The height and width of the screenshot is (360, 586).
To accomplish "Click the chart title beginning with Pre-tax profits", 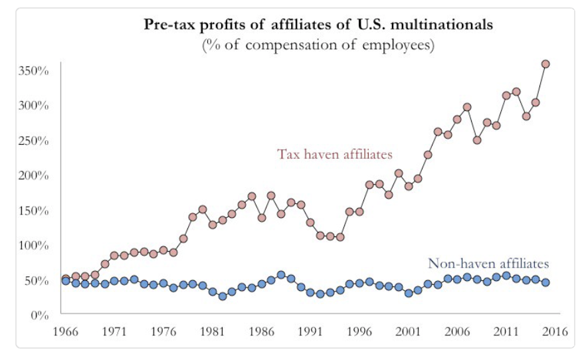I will coord(319,26).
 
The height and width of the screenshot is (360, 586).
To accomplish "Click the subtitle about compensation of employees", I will coord(319,45).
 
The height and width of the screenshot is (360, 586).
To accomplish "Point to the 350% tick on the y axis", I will coord(33,70).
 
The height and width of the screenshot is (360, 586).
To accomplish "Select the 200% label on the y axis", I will coord(33,175).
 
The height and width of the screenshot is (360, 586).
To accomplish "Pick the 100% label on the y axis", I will coord(33,245).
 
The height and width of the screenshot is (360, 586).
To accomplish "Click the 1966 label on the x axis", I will coord(64,331).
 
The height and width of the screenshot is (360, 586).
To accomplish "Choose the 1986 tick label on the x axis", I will coord(260,331).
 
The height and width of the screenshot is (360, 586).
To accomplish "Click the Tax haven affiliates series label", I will coord(335,154).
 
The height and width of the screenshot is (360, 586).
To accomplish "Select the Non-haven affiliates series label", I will coord(489,264).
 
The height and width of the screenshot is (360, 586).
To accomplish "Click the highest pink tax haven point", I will coord(545,64).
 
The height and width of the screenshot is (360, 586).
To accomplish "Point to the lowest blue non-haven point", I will coord(223,296).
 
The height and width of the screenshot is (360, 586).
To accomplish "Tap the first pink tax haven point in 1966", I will coord(66,278).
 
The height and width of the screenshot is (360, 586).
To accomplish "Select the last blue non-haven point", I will coord(545,282).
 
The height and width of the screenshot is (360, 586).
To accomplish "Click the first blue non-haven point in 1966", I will coord(66,281).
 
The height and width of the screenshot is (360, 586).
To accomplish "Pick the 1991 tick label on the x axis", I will coord(310,331).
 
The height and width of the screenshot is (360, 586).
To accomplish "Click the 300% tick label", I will coord(33,106).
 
